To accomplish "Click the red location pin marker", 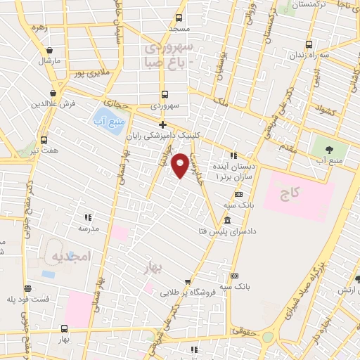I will [181, 164].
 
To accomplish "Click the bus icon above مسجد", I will [179, 17].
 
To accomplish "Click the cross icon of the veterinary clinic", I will [162, 124].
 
